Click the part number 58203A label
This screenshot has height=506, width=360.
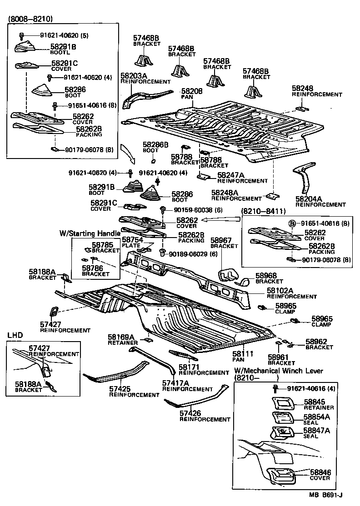pos(133,75)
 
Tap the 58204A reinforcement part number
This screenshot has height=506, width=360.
pos(308,198)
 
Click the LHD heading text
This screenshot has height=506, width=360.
pos(15,335)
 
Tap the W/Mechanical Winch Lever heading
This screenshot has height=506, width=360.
pos(278,371)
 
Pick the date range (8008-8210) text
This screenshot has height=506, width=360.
pos(30,19)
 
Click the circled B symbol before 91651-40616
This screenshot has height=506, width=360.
pos(293,223)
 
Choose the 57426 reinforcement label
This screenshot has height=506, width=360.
pos(190,413)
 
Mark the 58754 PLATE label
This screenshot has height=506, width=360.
pos(131,241)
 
